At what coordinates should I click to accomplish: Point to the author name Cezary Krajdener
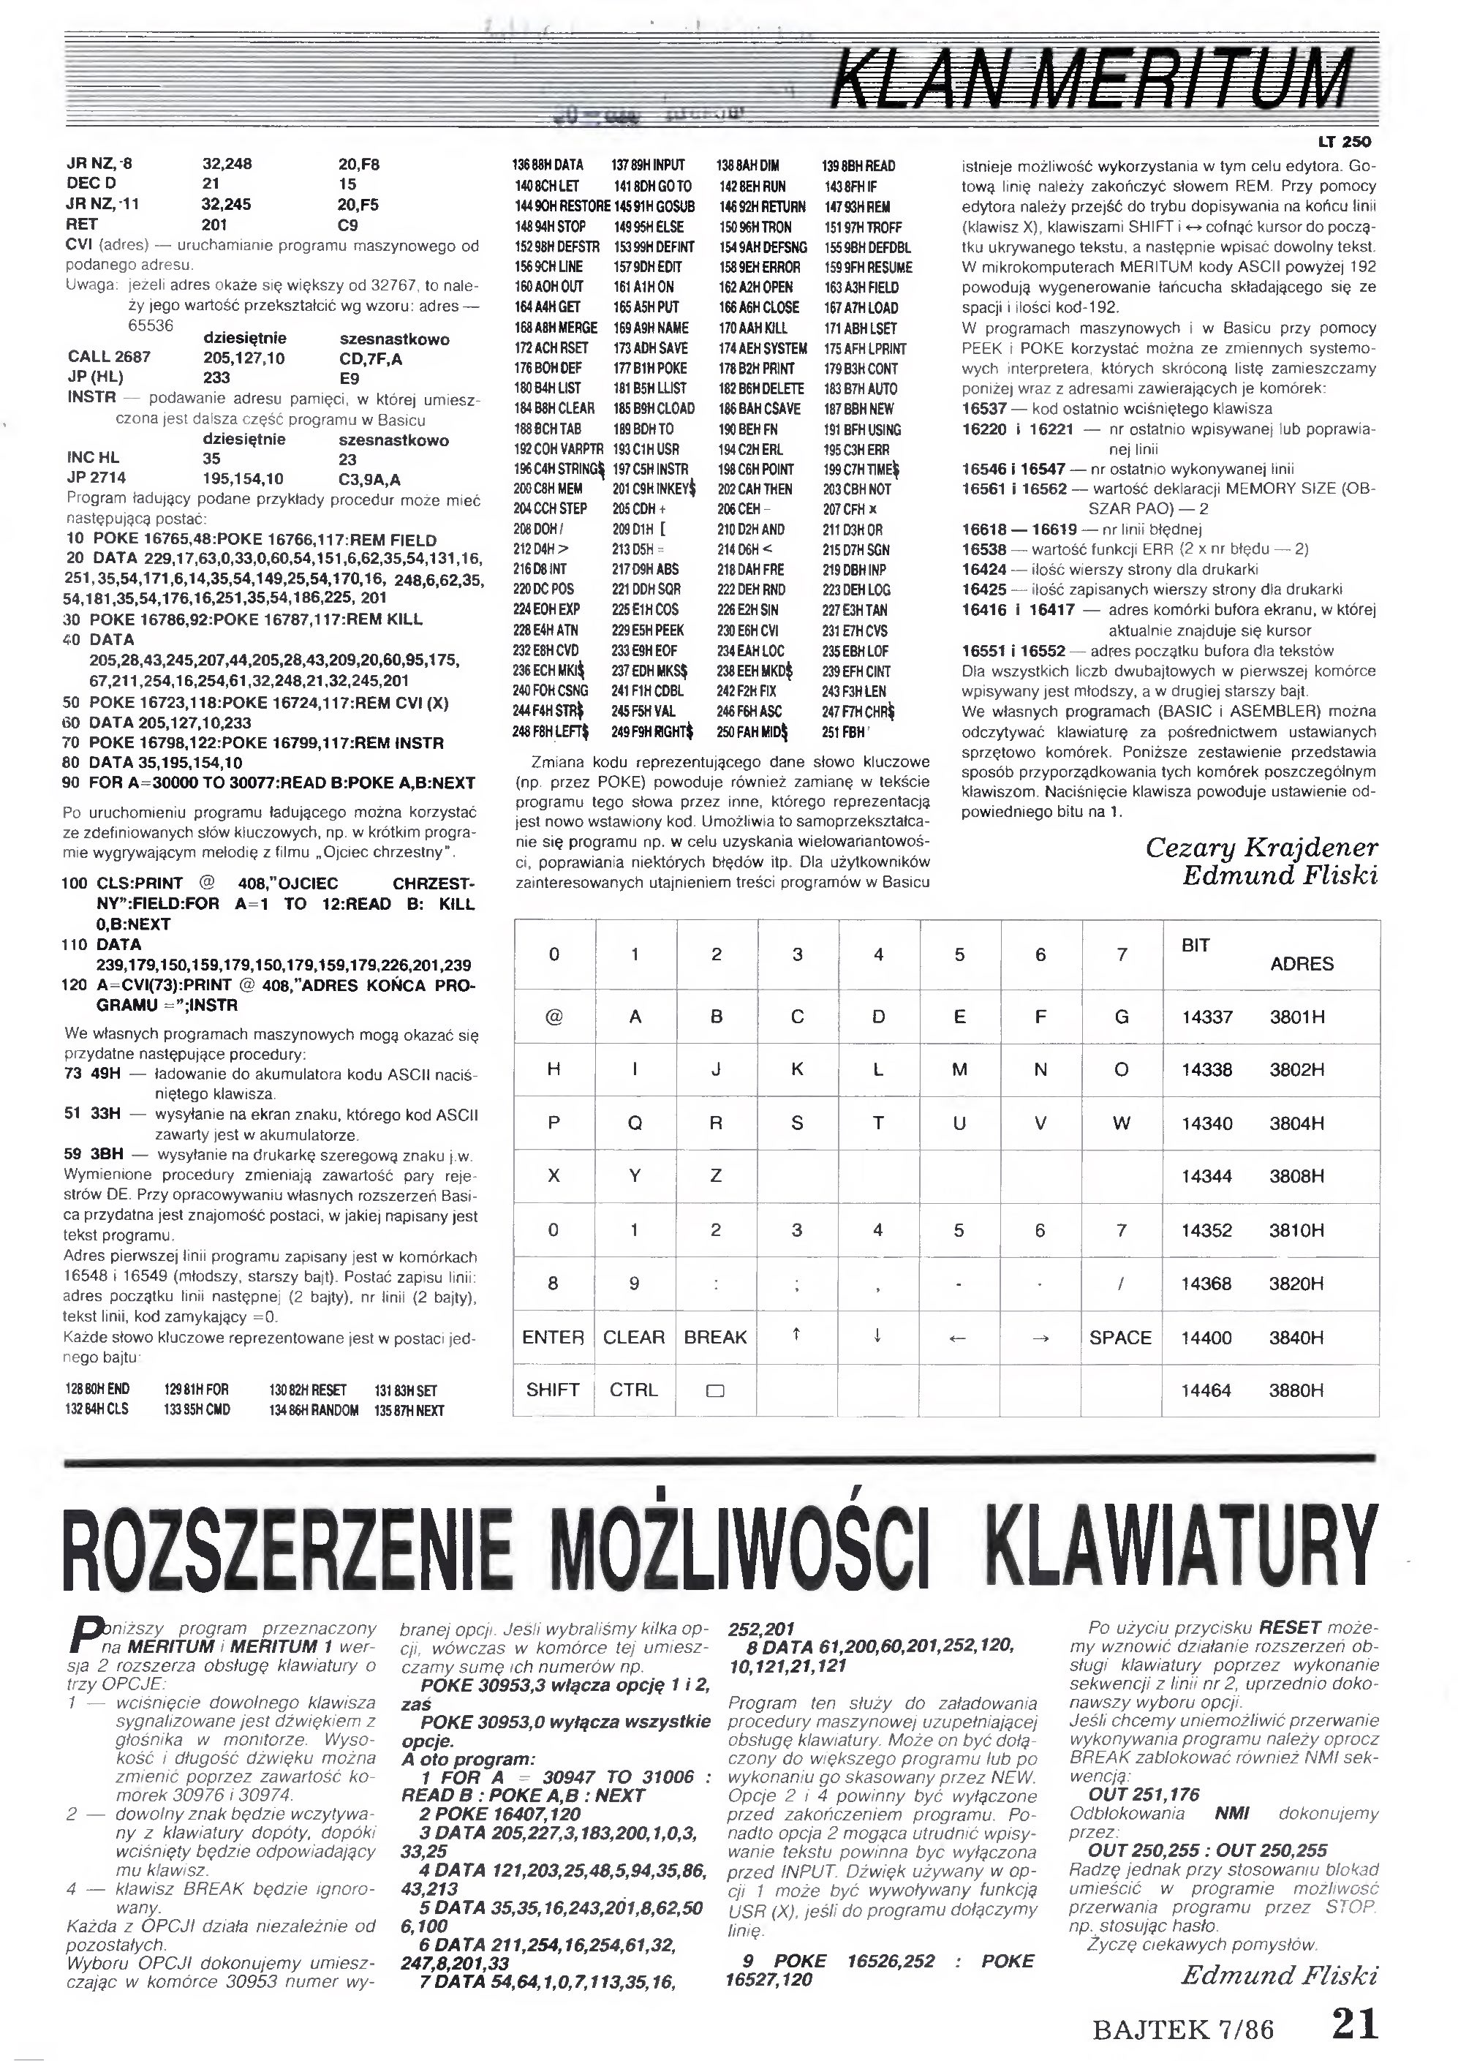1261,848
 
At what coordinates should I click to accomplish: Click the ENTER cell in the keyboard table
553,1337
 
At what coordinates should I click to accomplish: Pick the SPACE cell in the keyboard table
1120,1337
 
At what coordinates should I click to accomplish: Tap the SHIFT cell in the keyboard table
552,1390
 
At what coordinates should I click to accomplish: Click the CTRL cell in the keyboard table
633,1390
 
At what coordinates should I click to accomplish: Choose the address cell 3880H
1296,1391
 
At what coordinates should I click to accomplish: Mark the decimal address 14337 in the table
1206,1017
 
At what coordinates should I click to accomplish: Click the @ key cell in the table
553,1017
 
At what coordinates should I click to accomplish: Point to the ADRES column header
1301,965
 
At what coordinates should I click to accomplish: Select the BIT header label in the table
1195,946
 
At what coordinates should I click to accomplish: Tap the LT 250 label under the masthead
1344,142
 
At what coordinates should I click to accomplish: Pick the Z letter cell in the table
716,1175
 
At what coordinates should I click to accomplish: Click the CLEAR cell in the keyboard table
633,1337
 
